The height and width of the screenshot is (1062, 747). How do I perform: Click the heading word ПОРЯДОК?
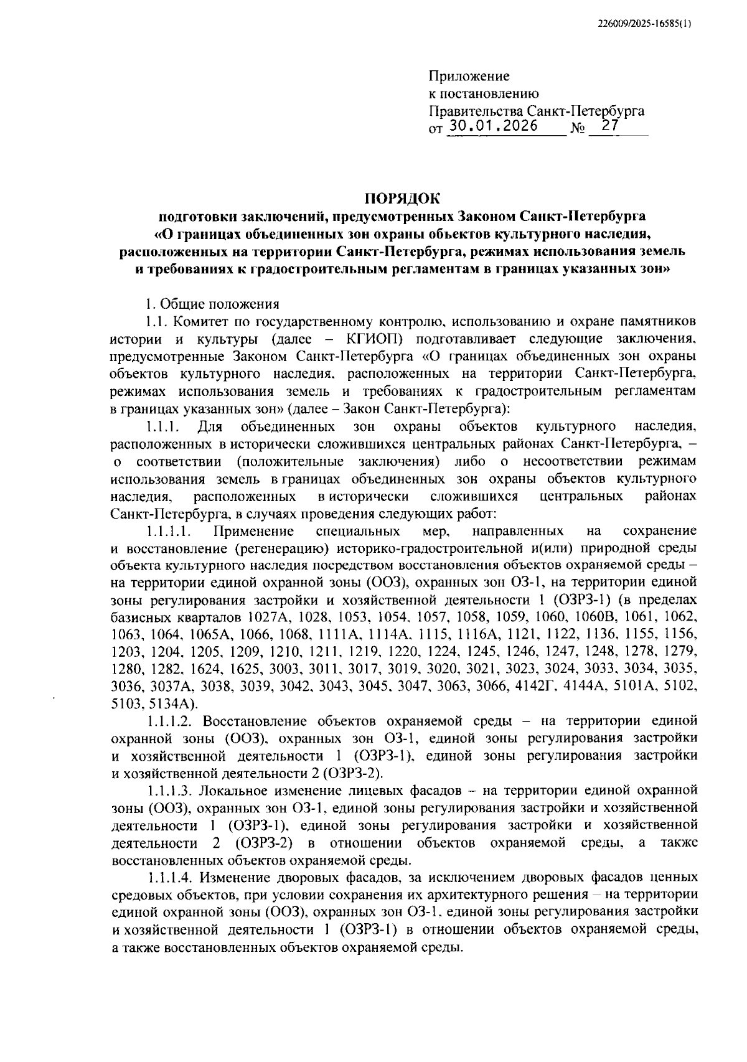pyautogui.click(x=402, y=199)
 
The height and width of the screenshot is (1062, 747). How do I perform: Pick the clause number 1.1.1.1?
pyautogui.click(x=168, y=531)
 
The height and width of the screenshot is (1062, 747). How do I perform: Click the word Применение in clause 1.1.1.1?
pyautogui.click(x=253, y=531)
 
